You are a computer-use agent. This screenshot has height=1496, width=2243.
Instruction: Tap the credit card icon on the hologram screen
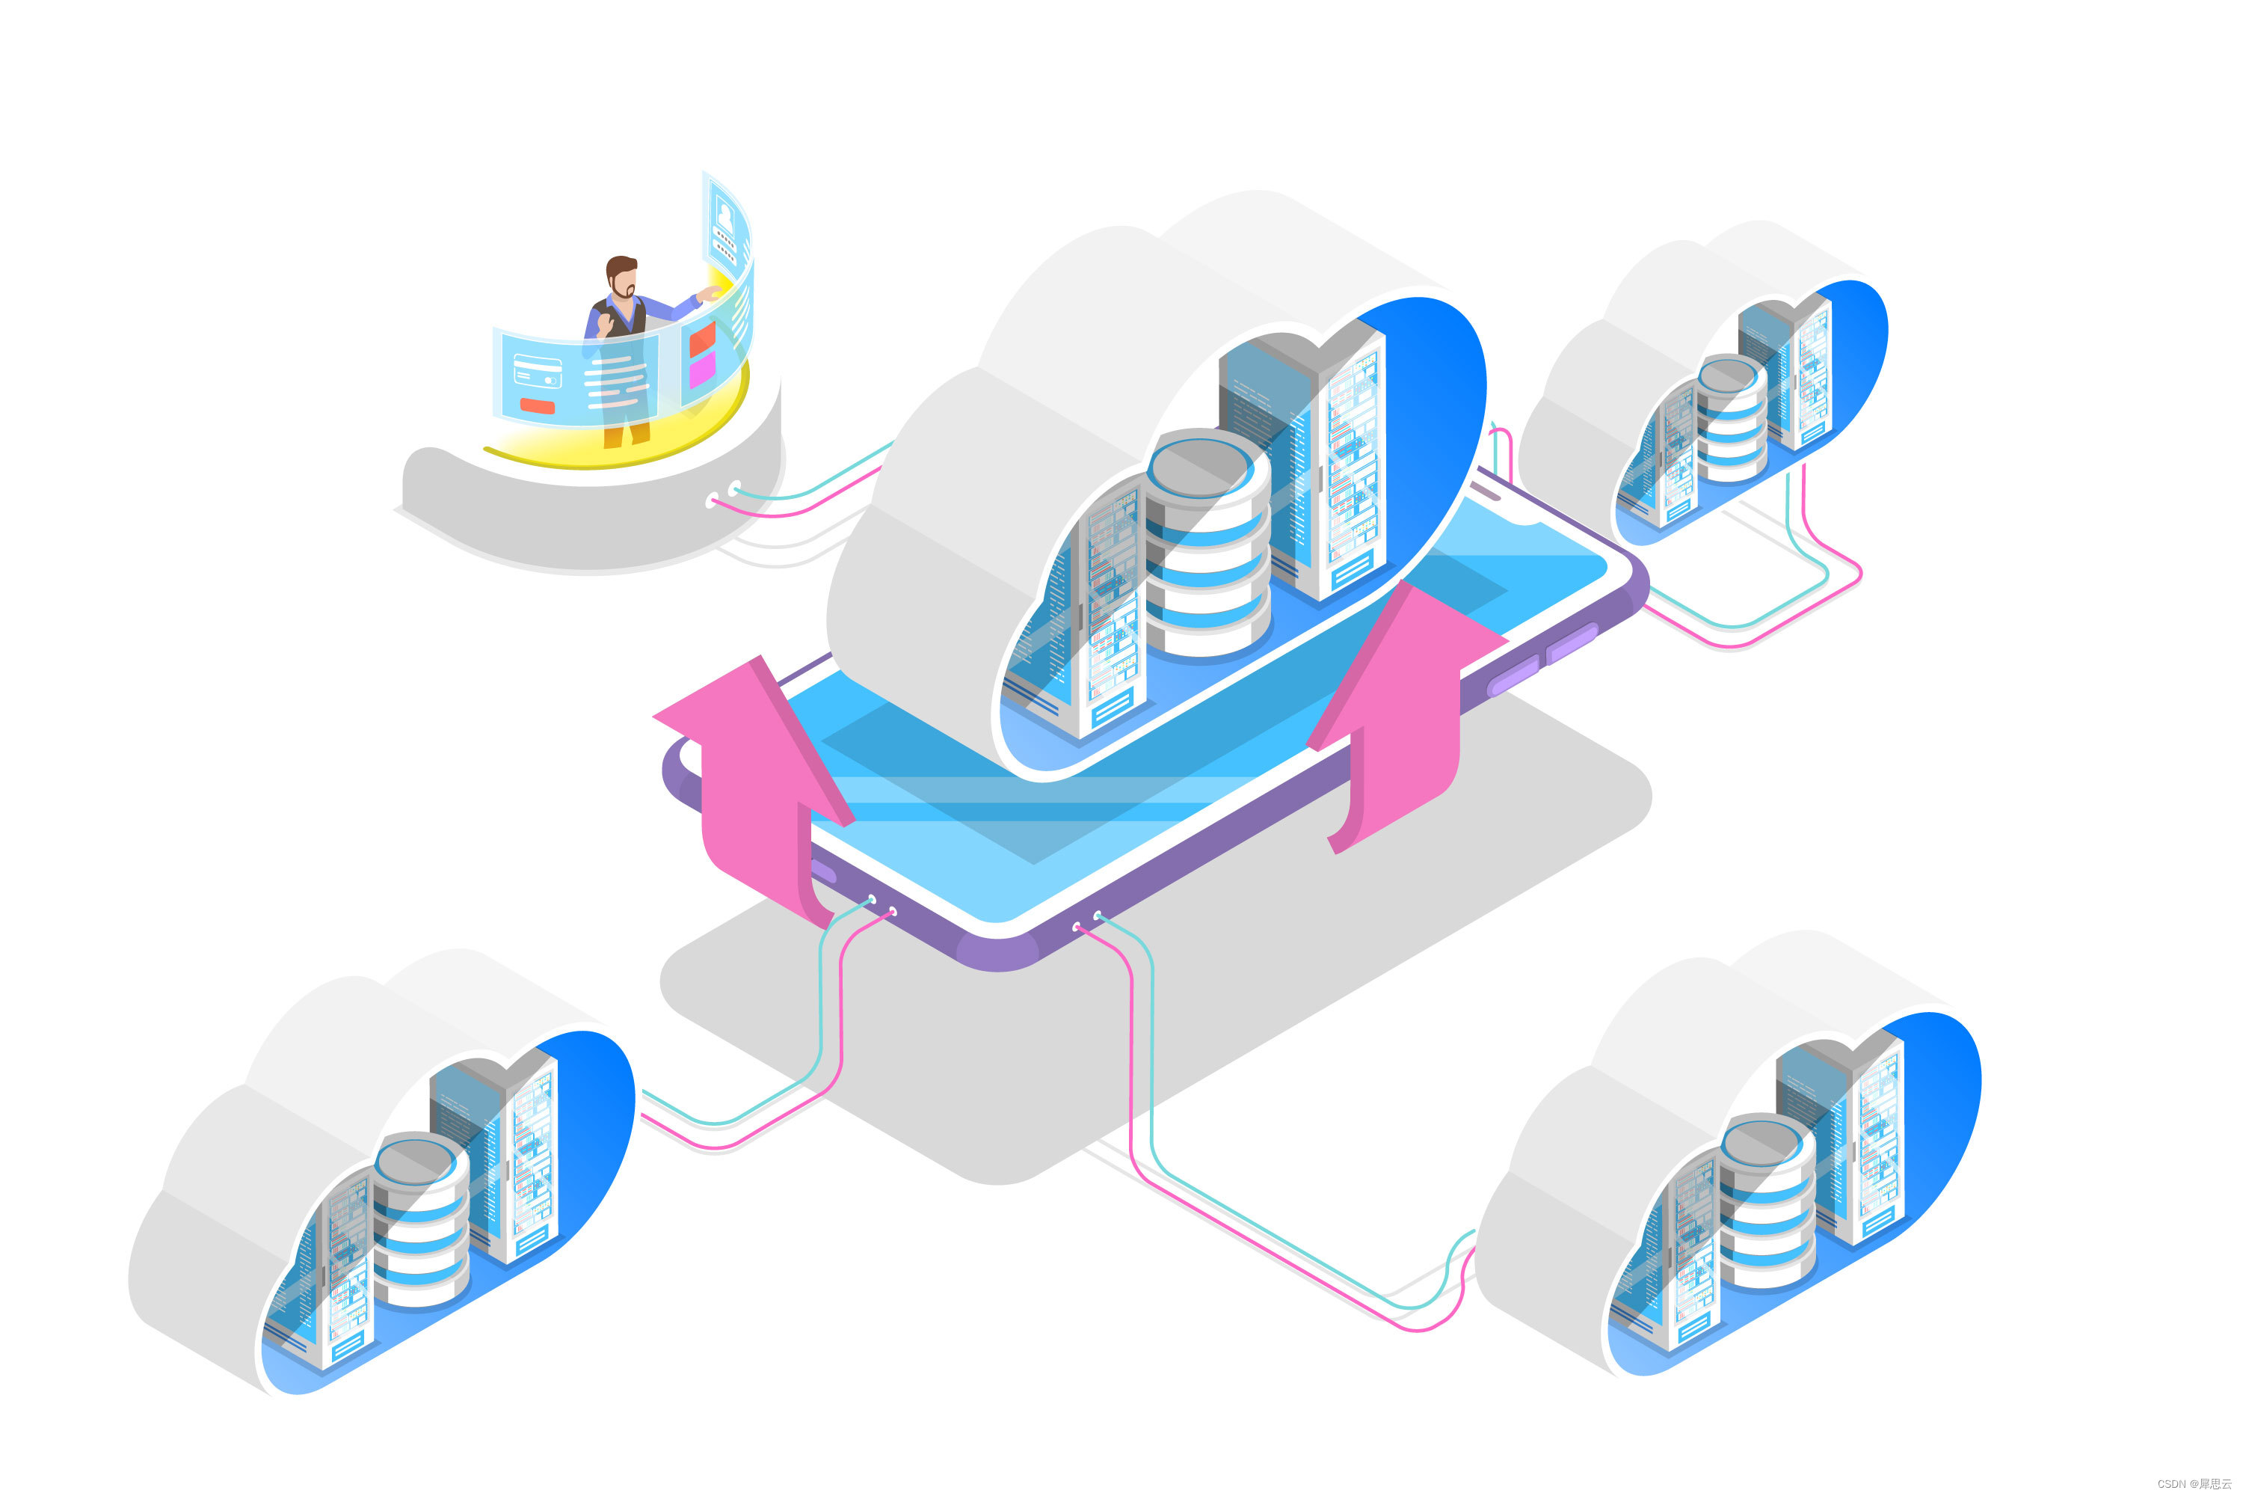click(x=538, y=371)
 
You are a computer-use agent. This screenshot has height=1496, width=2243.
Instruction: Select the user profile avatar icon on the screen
click(x=724, y=218)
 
